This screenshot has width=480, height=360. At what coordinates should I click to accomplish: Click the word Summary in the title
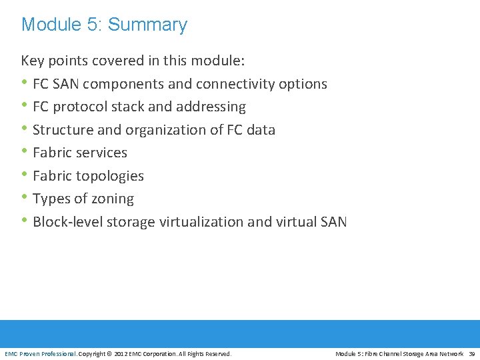[147, 25]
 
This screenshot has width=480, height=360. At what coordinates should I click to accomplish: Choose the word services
[101, 153]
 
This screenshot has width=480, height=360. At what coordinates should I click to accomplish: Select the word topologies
[112, 176]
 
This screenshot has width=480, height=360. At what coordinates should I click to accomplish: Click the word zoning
[113, 199]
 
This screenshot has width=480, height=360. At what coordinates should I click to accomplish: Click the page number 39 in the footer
[472, 354]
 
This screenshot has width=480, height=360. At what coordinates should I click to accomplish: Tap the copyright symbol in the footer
[109, 354]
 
